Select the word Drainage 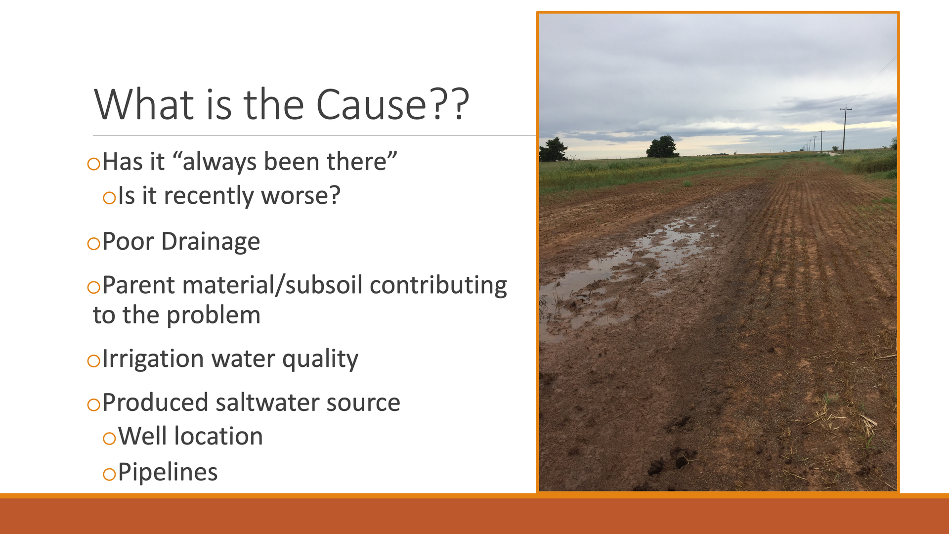click(x=211, y=242)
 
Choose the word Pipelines click(x=168, y=473)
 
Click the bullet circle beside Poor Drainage click(x=94, y=243)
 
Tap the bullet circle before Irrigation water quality click(x=94, y=360)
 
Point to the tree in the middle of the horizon click(x=662, y=147)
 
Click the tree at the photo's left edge click(x=553, y=149)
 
